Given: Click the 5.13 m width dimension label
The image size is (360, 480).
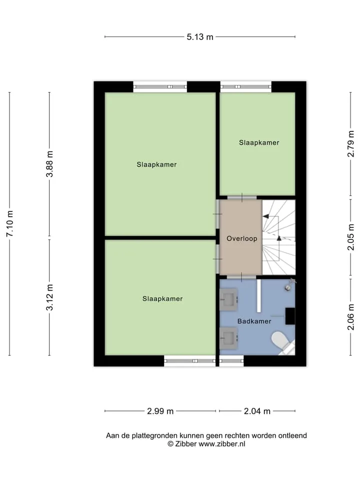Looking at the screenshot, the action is [200, 37].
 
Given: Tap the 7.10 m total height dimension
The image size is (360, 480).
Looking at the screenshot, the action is [10, 223].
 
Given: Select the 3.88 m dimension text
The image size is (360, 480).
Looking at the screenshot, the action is [49, 164].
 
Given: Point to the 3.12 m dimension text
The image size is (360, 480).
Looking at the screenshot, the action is [49, 297].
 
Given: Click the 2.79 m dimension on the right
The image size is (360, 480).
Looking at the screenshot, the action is [351, 144].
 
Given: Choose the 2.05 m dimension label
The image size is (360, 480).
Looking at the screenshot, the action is [351, 237].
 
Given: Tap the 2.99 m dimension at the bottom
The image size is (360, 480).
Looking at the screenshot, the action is [160, 411].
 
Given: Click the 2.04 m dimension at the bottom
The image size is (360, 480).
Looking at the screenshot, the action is [257, 411].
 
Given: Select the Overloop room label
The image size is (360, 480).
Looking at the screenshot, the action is [242, 238].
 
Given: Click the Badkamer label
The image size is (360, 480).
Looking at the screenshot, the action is [254, 321].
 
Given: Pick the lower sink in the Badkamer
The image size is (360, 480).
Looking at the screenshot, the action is [228, 338].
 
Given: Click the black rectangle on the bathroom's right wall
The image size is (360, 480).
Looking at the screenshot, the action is [290, 316].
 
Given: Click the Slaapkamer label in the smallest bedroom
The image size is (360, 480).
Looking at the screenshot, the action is [259, 142].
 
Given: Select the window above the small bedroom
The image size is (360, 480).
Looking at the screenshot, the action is [246, 86].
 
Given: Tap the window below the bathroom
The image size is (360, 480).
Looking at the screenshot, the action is [231, 361].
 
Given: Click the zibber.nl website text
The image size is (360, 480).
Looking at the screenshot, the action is [222, 444].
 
